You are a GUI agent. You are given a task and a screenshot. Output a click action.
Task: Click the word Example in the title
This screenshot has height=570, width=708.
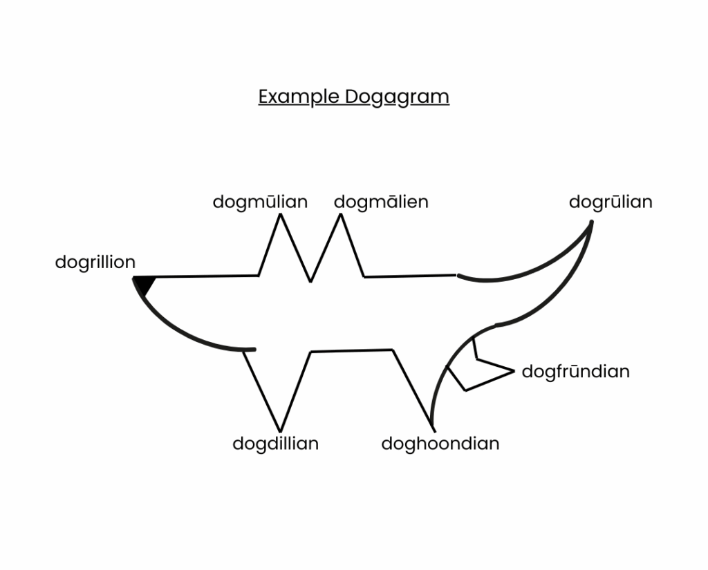click(x=299, y=97)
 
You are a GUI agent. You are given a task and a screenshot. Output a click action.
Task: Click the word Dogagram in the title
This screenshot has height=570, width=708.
click(x=398, y=97)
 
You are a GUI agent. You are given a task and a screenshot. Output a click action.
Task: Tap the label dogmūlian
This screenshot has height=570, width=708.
click(x=260, y=202)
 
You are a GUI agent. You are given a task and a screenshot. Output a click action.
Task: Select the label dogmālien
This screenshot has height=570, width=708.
click(x=381, y=202)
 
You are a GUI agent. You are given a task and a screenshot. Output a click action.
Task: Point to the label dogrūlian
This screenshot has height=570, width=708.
click(x=611, y=202)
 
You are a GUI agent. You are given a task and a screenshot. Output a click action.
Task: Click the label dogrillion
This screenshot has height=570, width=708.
click(x=95, y=263)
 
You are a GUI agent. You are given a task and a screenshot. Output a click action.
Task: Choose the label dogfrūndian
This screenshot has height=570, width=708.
click(x=575, y=372)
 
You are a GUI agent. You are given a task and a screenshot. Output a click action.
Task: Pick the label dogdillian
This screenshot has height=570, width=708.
click(x=275, y=444)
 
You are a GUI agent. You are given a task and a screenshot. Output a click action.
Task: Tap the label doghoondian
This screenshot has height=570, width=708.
click(x=440, y=444)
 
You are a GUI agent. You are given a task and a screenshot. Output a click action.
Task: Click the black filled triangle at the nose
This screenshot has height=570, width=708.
click(x=145, y=285)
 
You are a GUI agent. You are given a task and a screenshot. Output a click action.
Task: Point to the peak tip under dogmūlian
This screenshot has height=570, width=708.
click(x=280, y=214)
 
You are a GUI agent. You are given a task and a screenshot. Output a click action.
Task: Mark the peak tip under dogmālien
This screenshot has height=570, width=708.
click(x=341, y=214)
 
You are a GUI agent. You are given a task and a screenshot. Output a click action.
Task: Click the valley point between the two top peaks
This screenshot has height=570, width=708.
click(x=310, y=282)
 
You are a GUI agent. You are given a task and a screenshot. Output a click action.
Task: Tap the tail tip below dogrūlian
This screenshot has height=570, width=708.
click(x=592, y=222)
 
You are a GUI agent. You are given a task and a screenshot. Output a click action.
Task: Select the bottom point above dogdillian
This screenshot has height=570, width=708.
click(x=280, y=432)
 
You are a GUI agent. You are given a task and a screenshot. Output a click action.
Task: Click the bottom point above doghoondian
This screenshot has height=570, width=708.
click(x=434, y=430)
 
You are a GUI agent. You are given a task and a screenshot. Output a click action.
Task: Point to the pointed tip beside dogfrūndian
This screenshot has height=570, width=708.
click(x=514, y=372)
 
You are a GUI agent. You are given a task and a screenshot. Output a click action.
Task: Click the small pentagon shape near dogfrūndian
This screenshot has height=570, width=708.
click(x=480, y=365)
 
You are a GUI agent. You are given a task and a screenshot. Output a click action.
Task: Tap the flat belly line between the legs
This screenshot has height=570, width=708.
click(x=352, y=351)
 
